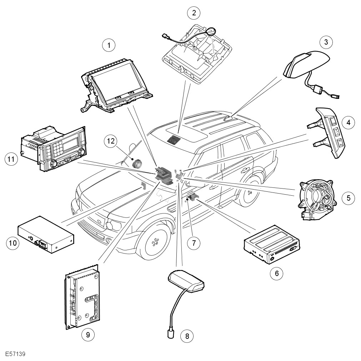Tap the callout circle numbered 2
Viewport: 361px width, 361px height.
point(194,13)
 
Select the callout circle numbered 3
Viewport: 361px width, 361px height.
point(326,42)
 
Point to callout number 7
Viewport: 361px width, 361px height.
point(193,243)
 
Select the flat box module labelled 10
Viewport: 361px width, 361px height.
point(45,234)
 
